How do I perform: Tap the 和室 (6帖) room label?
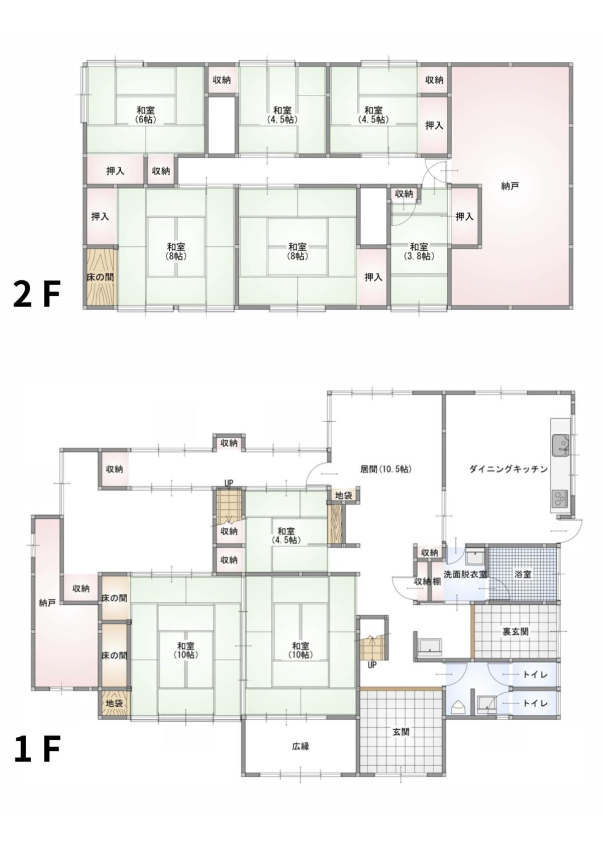click(x=146, y=115)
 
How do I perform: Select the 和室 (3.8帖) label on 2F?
click(x=419, y=252)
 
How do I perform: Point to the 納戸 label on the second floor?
click(x=510, y=186)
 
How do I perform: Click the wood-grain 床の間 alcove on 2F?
click(x=100, y=277)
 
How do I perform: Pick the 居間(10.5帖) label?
click(x=386, y=469)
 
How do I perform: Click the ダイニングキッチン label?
click(x=509, y=469)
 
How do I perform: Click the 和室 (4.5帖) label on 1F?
click(x=286, y=535)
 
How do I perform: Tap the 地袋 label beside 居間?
click(x=343, y=496)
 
